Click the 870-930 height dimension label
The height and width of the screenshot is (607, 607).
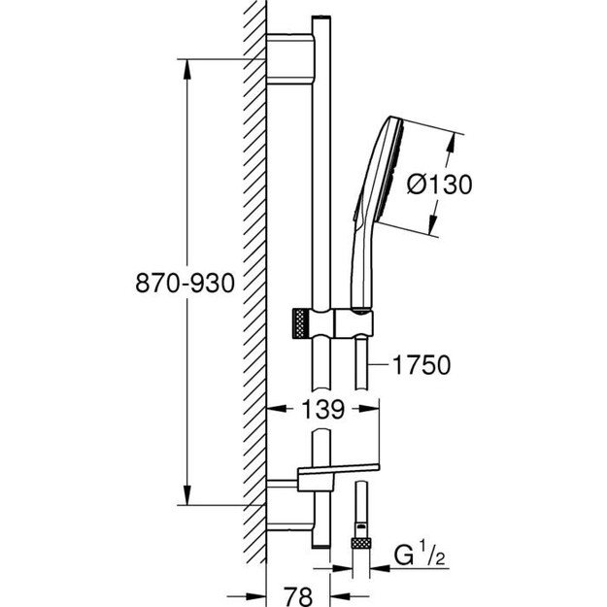click(185, 284)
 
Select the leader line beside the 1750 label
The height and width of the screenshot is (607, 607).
click(380, 366)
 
